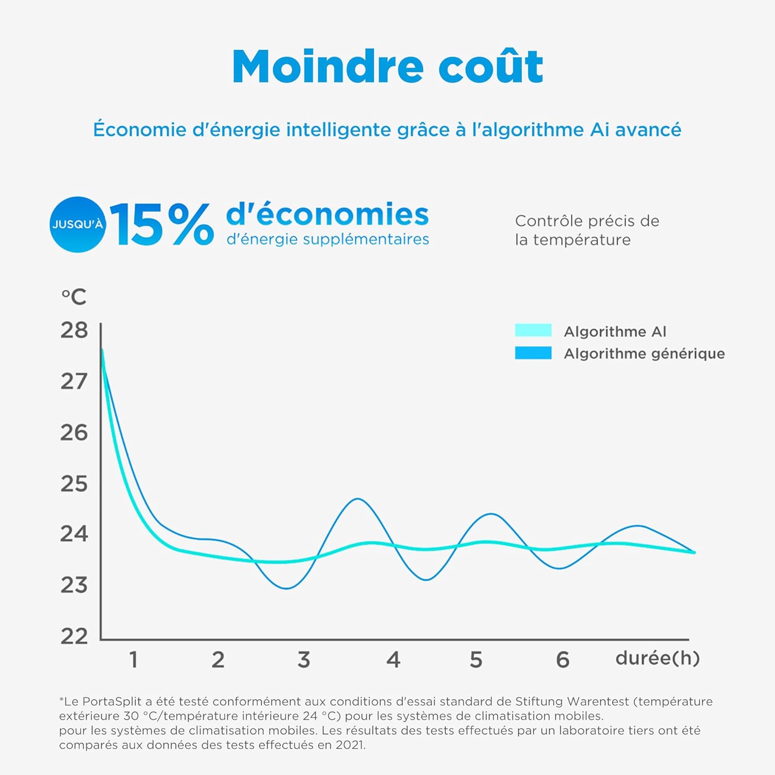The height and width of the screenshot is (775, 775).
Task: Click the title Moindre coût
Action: [388, 67]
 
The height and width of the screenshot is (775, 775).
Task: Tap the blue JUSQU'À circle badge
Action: [78, 225]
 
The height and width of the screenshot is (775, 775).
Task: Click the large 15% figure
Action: [161, 225]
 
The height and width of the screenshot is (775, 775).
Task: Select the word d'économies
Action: [328, 214]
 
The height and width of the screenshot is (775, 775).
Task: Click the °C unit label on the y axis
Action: [74, 297]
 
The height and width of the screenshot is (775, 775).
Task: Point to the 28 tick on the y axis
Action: [74, 331]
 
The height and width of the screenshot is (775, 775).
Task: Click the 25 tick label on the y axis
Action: [74, 484]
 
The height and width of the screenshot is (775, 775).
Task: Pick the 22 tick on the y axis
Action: [74, 637]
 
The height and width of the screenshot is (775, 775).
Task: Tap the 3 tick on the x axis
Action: [304, 660]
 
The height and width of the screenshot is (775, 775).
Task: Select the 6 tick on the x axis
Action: [563, 660]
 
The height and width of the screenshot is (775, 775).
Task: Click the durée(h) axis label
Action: [657, 658]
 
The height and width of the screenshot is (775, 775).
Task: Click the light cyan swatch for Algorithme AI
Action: [533, 331]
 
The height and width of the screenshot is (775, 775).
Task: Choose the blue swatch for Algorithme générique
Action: [533, 353]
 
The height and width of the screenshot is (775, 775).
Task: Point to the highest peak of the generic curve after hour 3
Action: [358, 499]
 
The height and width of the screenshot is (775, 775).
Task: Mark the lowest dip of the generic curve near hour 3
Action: [287, 588]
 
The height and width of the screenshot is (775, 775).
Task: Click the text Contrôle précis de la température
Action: [587, 230]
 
